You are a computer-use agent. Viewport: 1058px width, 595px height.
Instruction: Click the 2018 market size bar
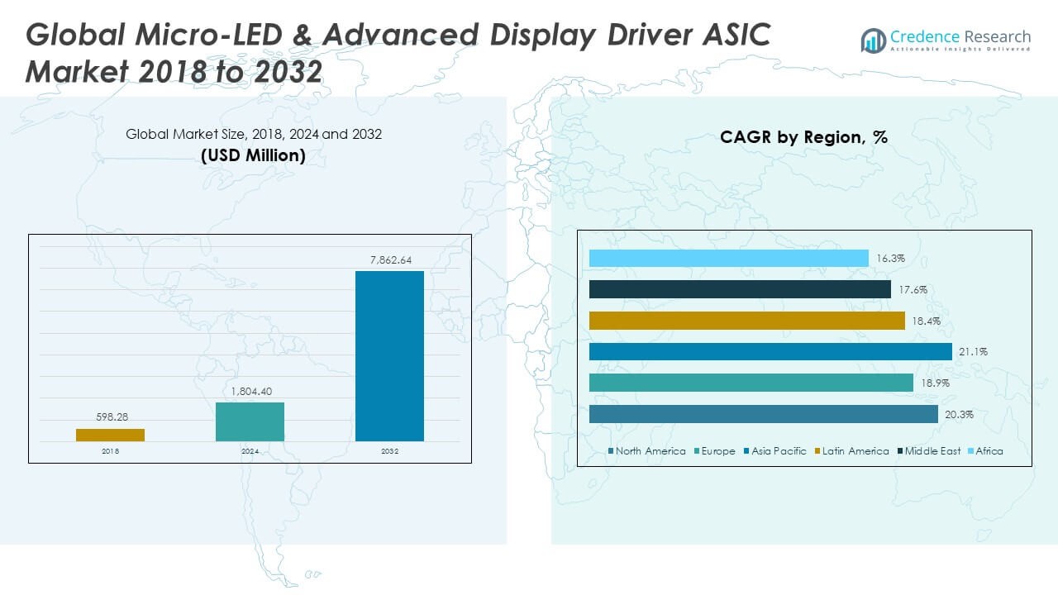pyautogui.click(x=110, y=435)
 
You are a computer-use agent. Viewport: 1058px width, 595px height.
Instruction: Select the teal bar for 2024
pyautogui.click(x=250, y=421)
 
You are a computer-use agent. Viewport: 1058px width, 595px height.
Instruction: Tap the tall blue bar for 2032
pyautogui.click(x=389, y=356)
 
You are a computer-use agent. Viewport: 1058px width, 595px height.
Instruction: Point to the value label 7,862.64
pyautogui.click(x=389, y=260)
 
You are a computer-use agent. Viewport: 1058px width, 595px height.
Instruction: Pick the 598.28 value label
pyautogui.click(x=110, y=417)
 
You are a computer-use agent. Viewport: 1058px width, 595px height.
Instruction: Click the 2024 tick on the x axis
pyautogui.click(x=250, y=451)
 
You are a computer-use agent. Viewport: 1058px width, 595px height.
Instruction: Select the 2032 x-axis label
pyautogui.click(x=389, y=451)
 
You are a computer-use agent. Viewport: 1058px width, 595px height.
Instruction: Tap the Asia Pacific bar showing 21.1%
pyautogui.click(x=770, y=352)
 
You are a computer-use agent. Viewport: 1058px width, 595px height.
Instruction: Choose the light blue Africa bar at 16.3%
pyautogui.click(x=728, y=259)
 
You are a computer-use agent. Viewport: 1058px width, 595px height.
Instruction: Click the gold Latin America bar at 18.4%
pyautogui.click(x=747, y=321)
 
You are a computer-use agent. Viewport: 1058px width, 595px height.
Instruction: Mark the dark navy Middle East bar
pyautogui.click(x=740, y=289)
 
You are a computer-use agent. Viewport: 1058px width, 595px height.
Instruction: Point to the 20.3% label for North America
pyautogui.click(x=960, y=414)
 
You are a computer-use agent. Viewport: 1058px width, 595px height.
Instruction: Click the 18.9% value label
pyautogui.click(x=935, y=383)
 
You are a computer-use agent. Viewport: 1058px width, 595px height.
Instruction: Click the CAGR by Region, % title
pyautogui.click(x=803, y=137)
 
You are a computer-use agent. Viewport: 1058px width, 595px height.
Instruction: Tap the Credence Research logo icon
pyautogui.click(x=873, y=40)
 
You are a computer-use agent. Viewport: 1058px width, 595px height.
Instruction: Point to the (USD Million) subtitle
pyautogui.click(x=253, y=155)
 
